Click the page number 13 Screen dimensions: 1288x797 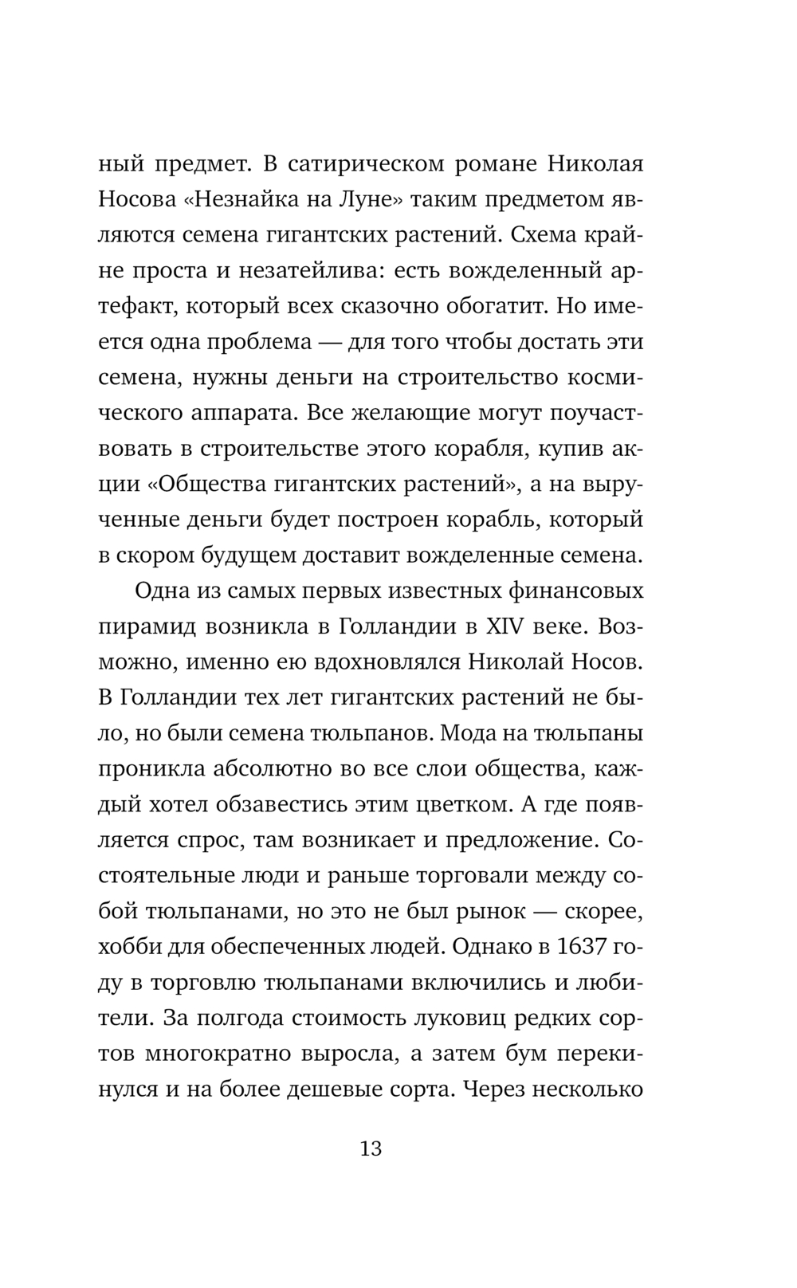coord(371,1149)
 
